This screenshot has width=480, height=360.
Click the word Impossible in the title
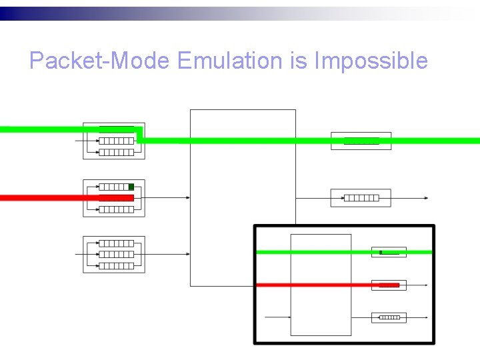(371, 61)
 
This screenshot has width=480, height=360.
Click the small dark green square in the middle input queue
(131, 187)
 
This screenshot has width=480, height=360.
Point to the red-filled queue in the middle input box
(116, 198)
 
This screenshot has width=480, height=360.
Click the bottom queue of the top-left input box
(116, 152)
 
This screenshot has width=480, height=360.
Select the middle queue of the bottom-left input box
(116, 255)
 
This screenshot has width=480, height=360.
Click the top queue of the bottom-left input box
(116, 243)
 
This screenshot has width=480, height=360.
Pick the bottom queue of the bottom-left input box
(116, 265)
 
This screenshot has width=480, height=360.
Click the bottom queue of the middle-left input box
(116, 209)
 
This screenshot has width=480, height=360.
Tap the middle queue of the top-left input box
(116, 141)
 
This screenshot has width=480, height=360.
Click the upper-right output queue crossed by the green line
(361, 141)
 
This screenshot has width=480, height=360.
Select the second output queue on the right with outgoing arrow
(361, 198)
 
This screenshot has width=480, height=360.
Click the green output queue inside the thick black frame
(389, 252)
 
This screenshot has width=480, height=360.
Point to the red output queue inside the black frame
(389, 285)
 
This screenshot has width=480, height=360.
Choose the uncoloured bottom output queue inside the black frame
(389, 317)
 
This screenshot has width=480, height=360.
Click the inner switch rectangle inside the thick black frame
(321, 285)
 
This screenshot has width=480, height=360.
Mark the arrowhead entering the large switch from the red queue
(188, 197)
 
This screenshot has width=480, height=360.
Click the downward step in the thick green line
(139, 135)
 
